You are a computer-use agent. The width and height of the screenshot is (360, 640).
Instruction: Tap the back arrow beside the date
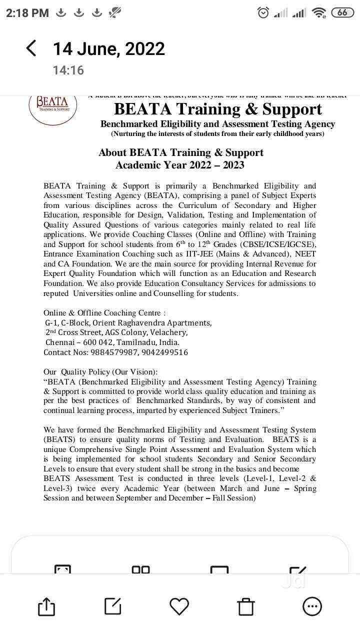pyautogui.click(x=31, y=48)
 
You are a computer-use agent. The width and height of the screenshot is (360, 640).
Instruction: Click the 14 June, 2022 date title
pyautogui.click(x=108, y=49)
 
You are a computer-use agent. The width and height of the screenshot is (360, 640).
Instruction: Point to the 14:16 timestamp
pyautogui.click(x=68, y=70)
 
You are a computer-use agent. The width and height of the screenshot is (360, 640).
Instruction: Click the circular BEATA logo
pyautogui.click(x=52, y=106)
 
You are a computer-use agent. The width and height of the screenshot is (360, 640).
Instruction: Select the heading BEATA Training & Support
pyautogui.click(x=217, y=109)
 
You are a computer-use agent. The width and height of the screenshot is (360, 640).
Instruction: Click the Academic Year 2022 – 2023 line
pyautogui.click(x=180, y=165)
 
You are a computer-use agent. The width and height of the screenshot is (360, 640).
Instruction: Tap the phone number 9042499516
pyautogui.click(x=164, y=352)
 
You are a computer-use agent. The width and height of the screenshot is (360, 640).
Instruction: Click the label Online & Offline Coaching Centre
pyautogui.click(x=104, y=313)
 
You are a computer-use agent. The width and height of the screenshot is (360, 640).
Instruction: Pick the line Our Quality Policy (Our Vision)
pyautogui.click(x=100, y=372)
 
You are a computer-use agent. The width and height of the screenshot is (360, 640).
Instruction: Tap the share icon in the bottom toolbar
pyautogui.click(x=46, y=607)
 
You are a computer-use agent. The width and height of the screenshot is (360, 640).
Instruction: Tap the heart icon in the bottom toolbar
pyautogui.click(x=179, y=606)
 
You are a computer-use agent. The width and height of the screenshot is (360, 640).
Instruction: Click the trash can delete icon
pyautogui.click(x=246, y=607)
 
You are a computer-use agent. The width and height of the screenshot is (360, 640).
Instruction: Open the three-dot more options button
pyautogui.click(x=312, y=606)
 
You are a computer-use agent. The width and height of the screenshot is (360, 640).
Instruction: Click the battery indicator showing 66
pyautogui.click(x=342, y=13)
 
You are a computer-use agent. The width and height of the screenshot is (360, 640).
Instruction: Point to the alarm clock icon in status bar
pyautogui.click(x=263, y=13)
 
